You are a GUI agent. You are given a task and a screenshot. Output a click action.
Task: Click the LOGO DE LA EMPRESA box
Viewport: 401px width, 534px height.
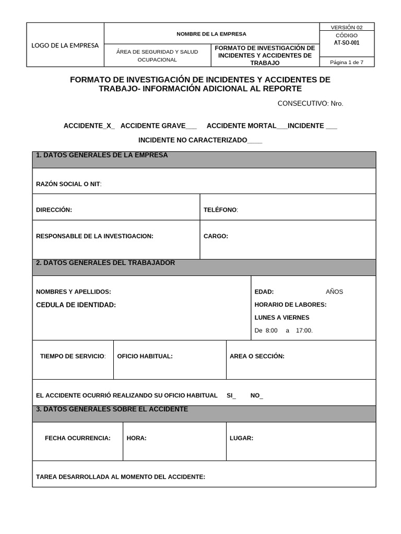[65, 45]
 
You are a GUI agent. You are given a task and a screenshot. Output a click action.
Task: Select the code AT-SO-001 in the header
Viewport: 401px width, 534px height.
[347, 43]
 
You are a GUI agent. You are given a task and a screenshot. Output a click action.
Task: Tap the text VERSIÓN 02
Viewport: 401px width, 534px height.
[347, 28]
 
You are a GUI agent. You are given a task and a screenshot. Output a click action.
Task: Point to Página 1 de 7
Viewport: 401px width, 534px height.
[347, 63]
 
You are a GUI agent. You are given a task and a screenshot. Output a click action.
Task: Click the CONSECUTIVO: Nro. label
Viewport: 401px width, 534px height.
[310, 103]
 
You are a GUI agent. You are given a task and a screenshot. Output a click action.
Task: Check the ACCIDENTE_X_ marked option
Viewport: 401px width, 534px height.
[89, 126]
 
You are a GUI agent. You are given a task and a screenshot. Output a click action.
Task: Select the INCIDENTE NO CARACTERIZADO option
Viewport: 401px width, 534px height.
[200, 140]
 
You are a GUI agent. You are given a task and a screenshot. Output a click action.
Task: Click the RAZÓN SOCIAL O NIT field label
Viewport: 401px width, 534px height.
[68, 185]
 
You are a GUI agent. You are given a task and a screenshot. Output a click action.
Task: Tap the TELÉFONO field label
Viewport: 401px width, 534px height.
[220, 210]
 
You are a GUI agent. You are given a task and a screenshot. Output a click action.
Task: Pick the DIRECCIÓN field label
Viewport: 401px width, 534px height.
[54, 210]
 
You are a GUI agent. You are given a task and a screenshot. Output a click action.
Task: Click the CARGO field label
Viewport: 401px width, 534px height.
[216, 236]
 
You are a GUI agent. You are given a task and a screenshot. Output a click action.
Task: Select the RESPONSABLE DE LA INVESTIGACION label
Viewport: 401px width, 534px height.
[95, 236]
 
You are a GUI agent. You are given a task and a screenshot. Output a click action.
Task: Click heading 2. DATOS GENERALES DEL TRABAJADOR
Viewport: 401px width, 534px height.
[105, 263]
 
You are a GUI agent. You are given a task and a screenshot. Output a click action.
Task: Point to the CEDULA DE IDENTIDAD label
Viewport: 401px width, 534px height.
[76, 305]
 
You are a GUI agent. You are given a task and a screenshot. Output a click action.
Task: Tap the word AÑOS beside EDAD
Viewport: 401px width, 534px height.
[334, 292]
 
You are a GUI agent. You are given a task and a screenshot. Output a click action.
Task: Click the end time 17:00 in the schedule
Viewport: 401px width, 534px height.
[304, 331]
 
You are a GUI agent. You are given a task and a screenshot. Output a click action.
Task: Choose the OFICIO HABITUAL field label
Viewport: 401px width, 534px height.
[145, 356]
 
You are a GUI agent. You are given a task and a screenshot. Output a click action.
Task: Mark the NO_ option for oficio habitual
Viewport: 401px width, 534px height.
[257, 396]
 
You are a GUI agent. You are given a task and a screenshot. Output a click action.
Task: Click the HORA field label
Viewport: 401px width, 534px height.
[136, 438]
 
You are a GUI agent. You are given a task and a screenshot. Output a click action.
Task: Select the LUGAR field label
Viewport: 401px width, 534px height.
[241, 438]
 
